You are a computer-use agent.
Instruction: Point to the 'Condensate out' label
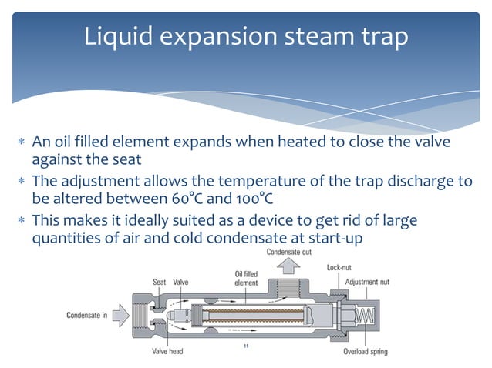(289, 253)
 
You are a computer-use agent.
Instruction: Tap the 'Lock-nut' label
(339, 268)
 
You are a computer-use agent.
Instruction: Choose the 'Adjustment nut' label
(368, 282)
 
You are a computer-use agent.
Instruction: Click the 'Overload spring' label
(366, 353)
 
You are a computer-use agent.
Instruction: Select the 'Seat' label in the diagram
(159, 282)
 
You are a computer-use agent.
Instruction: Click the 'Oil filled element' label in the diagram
(246, 277)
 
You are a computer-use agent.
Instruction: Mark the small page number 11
(245, 347)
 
